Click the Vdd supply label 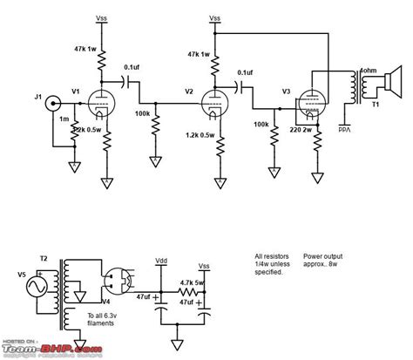click(161, 261)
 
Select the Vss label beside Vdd click(204, 264)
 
